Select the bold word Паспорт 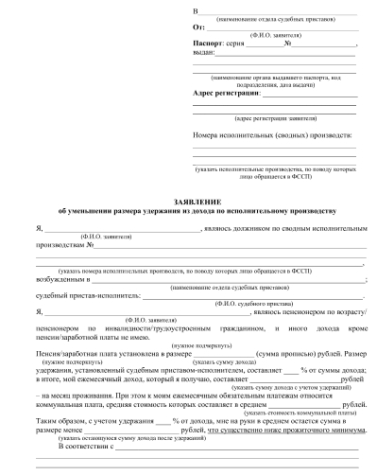(x=208, y=44)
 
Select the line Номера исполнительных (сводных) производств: (x=258, y=135)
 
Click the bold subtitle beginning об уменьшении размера (x=190, y=211)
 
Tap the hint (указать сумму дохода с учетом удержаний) (x=291, y=387)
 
